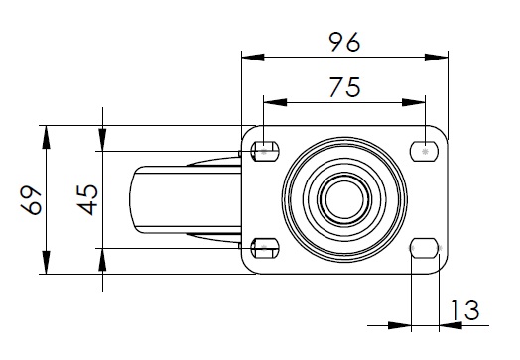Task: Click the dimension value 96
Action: [344, 42]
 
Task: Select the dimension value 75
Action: [345, 87]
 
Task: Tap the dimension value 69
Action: [31, 200]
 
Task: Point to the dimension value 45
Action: [87, 200]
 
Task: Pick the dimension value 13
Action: [465, 310]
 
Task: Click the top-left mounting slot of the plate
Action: [265, 152]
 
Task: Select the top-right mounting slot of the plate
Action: [424, 152]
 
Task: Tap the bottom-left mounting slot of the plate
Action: [265, 248]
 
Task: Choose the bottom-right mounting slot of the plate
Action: [424, 248]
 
